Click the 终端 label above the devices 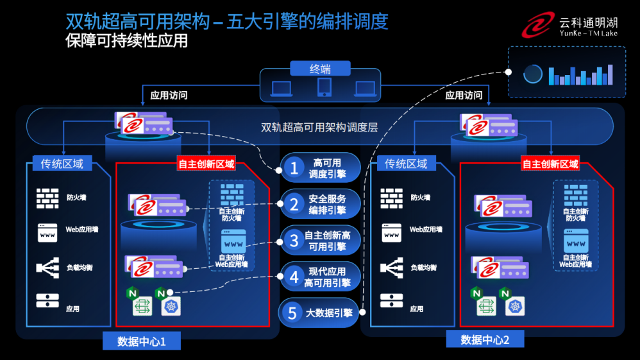click(x=321, y=68)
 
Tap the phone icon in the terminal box click(x=324, y=87)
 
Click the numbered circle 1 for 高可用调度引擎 click(x=294, y=168)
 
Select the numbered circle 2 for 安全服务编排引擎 click(x=294, y=204)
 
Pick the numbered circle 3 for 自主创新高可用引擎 click(x=294, y=240)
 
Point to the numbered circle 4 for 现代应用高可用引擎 click(x=294, y=277)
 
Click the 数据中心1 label click(x=141, y=341)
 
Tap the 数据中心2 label click(x=485, y=339)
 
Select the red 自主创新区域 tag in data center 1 click(x=206, y=164)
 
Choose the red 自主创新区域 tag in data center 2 click(x=551, y=164)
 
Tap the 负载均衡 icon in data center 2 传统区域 click(x=392, y=267)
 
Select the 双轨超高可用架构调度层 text click(x=319, y=127)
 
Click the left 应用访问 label click(x=169, y=95)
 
